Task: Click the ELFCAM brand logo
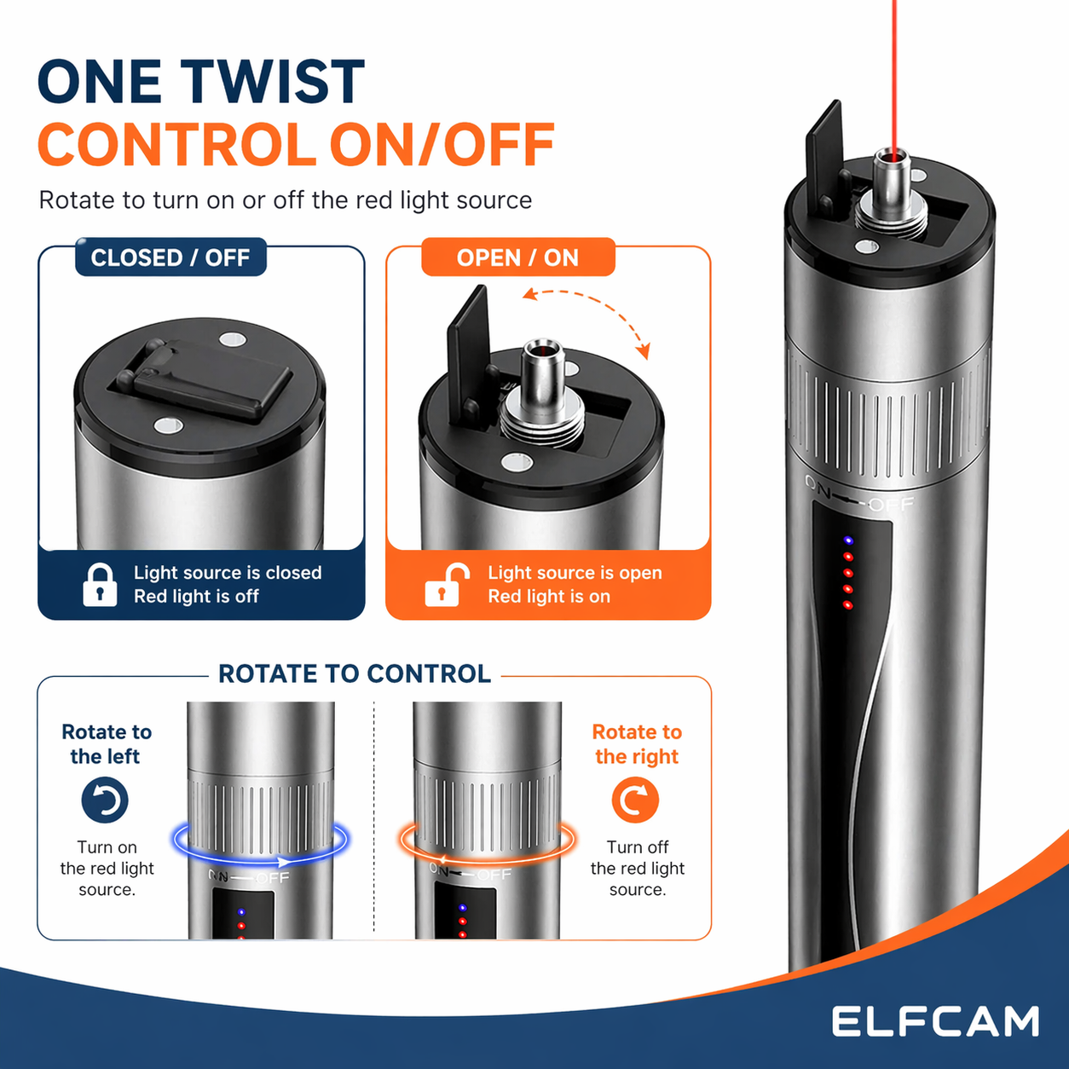pos(935,1021)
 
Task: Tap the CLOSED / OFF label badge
pos(170,257)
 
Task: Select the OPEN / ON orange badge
pos(518,257)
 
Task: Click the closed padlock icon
pos(100,585)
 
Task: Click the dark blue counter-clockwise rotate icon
pos(105,800)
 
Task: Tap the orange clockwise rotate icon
pos(635,800)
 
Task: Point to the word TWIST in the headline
pos(274,82)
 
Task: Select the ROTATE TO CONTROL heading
pos(355,673)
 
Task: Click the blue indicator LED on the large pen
pos(847,540)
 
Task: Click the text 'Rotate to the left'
pos(106,744)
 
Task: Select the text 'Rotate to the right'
pos(637,744)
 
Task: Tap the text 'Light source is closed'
pos(228,573)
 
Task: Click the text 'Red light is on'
pos(549,597)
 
